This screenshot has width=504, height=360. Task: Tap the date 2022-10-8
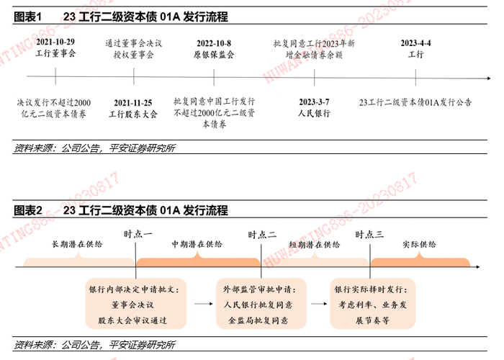tap(214, 42)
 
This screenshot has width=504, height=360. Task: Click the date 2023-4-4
tap(415, 42)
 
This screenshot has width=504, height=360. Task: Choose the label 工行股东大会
tap(133, 114)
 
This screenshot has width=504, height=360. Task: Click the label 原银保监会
tap(214, 54)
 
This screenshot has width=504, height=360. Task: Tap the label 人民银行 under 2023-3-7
tap(314, 114)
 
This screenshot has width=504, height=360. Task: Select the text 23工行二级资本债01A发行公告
tap(415, 102)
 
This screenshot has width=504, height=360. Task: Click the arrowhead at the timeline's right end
tap(489, 78)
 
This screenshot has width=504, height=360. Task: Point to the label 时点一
tap(138, 234)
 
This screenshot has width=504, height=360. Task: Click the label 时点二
tap(262, 234)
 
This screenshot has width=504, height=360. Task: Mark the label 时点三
tap(369, 234)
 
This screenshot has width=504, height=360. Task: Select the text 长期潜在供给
tap(77, 245)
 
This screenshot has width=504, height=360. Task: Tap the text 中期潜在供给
tap(197, 245)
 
